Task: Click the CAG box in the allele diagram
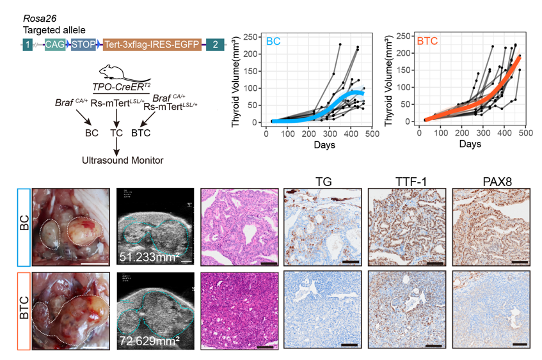pyautogui.click(x=54, y=44)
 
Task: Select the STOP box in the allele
pyautogui.click(x=83, y=44)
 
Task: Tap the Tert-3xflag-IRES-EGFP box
pyautogui.click(x=152, y=44)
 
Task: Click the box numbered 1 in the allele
pyautogui.click(x=27, y=44)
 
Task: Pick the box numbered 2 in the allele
pyautogui.click(x=216, y=44)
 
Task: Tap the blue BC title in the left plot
pyautogui.click(x=273, y=41)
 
